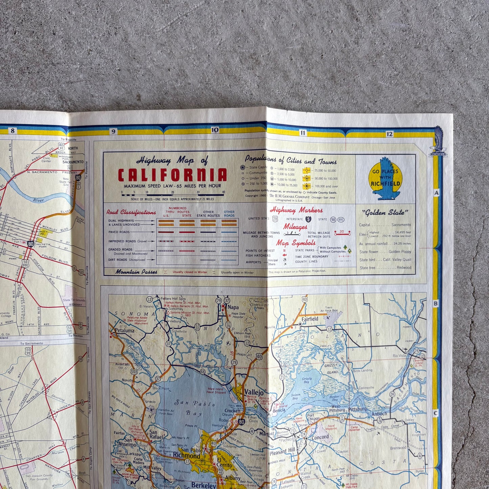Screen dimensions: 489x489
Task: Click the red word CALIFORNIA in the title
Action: [172, 175]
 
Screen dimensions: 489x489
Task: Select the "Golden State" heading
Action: [385, 213]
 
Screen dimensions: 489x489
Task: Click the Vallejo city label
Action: [254, 392]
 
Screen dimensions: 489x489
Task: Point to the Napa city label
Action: [233, 307]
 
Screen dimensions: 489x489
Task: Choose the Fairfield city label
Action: [310, 319]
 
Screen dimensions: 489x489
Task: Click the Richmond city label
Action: [186, 455]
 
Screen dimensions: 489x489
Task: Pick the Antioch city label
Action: [379, 414]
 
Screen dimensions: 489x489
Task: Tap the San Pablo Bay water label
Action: [195, 408]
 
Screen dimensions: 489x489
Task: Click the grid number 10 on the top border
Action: [215, 130]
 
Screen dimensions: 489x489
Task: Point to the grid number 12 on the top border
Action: [389, 134]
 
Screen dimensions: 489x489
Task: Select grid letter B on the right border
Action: [436, 304]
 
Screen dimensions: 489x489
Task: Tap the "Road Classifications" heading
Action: [131, 213]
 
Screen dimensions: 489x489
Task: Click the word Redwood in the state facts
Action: [404, 268]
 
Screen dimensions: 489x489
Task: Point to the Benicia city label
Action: [279, 410]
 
